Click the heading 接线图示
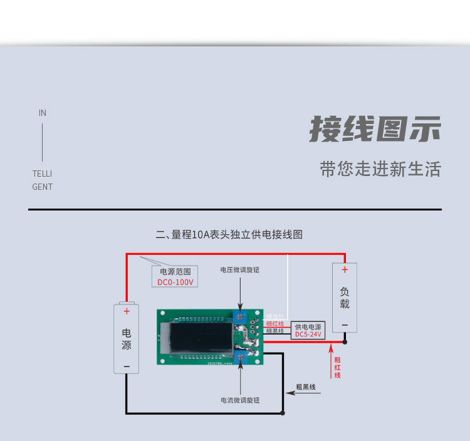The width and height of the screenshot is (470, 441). point(375,129)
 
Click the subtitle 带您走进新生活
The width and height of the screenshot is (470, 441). point(380,169)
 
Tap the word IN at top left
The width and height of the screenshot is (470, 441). point(43,113)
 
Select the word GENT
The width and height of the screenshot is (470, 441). point(43,187)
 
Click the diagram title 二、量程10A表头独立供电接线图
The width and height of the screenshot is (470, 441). point(229,235)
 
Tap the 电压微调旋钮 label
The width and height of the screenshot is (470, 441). point(239,270)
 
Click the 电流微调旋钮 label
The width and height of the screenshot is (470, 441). point(239,400)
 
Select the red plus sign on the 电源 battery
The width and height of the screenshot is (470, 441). point(126,311)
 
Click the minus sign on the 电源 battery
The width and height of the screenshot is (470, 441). point(126,365)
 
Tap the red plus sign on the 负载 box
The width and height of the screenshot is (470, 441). point(344,270)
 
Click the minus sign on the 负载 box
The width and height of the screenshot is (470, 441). point(344,324)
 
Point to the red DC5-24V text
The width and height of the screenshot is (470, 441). point(308,335)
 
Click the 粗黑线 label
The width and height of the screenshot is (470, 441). point(306,387)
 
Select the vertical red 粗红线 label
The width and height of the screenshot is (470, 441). point(337,367)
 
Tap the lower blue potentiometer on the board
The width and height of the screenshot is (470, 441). point(240,356)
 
